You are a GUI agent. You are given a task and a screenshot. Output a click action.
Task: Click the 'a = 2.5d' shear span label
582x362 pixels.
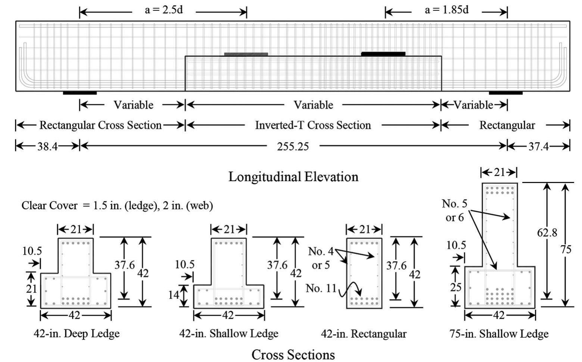point(164,10)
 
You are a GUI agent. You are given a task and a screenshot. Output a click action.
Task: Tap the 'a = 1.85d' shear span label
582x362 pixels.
point(446,10)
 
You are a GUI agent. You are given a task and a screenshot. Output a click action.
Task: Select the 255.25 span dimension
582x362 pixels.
point(293,146)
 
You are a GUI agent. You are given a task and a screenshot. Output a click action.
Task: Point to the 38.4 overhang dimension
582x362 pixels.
point(47,146)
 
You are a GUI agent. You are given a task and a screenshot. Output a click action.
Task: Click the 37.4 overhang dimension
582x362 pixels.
point(538,146)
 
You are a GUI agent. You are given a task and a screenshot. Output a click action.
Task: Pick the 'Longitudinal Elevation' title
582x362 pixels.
point(293,177)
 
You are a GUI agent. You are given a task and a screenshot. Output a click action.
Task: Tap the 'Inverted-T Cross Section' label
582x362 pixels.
point(313,125)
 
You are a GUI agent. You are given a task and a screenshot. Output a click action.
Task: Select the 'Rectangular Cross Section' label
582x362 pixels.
point(100,125)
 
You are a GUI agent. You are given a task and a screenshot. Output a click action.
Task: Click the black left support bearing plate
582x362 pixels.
point(80,93)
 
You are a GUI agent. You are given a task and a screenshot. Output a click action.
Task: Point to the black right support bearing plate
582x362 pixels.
point(505,93)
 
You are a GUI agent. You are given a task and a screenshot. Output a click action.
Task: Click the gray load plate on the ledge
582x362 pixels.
point(246,54)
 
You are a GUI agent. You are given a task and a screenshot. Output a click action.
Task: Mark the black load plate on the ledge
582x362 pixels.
point(383,54)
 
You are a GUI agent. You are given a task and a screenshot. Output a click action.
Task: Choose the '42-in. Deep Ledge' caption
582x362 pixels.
point(77,334)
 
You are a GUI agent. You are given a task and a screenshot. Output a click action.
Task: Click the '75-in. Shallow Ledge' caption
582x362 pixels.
point(499,334)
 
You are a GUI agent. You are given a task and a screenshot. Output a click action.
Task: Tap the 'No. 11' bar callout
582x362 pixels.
point(321,288)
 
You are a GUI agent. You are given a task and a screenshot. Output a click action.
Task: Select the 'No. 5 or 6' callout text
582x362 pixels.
point(455,210)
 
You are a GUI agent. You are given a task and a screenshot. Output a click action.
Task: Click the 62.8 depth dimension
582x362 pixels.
point(547,232)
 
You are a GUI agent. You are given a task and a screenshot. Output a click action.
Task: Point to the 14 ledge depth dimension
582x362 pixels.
point(174,295)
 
